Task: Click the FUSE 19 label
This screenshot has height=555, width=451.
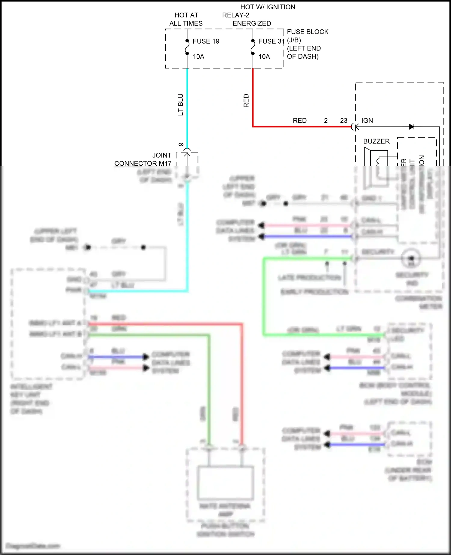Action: point(206,41)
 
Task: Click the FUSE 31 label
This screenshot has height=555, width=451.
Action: point(271,41)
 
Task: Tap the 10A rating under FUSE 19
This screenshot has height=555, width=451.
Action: point(198,57)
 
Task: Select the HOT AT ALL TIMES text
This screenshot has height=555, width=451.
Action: point(186,19)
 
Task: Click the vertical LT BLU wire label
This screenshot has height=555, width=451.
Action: point(180,105)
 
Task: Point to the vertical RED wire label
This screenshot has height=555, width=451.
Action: point(246,101)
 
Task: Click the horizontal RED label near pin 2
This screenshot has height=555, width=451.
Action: point(299,121)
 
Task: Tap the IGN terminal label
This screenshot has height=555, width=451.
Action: point(367,121)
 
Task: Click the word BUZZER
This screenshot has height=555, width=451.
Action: point(376,141)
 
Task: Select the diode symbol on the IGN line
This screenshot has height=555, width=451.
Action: point(412,127)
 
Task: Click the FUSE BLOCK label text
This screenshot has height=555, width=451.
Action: point(308,32)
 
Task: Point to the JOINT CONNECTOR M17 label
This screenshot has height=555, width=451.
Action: point(143,159)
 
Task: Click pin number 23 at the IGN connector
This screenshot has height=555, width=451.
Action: point(344,121)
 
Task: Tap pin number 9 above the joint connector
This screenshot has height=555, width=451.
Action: point(181,145)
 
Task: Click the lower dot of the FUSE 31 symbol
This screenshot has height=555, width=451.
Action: point(253,54)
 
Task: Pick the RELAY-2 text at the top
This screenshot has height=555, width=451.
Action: point(236,15)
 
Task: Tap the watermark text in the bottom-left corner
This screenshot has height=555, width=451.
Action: point(33,546)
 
